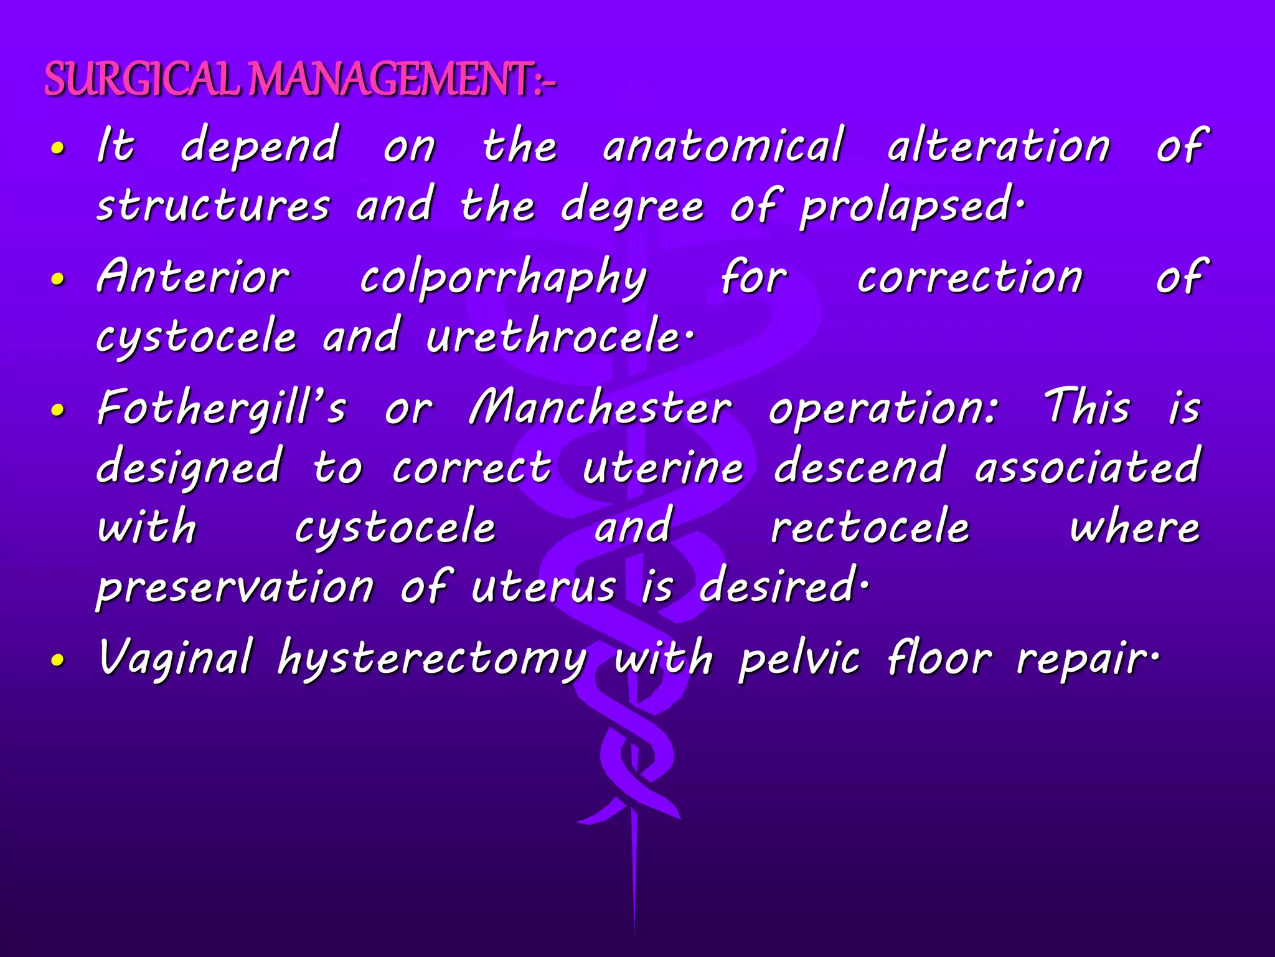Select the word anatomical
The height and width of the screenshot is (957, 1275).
(x=723, y=146)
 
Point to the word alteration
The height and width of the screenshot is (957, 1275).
(x=999, y=146)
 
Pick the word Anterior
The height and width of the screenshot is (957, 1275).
(x=193, y=277)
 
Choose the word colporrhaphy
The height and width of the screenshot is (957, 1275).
(x=503, y=279)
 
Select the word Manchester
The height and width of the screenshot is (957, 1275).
(x=600, y=408)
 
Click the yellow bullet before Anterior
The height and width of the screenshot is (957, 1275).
(x=58, y=280)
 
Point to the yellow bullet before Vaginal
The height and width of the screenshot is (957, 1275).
(x=58, y=660)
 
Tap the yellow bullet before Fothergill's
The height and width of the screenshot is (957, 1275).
(x=58, y=410)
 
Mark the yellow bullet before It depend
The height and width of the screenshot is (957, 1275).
(x=58, y=149)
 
